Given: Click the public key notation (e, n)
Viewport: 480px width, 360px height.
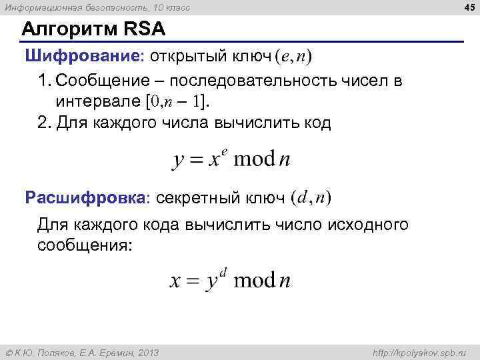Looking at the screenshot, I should point(293,57).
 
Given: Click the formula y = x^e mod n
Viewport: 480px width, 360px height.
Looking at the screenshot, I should point(232,159).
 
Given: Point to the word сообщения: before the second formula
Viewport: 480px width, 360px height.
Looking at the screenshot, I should point(85,245).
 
